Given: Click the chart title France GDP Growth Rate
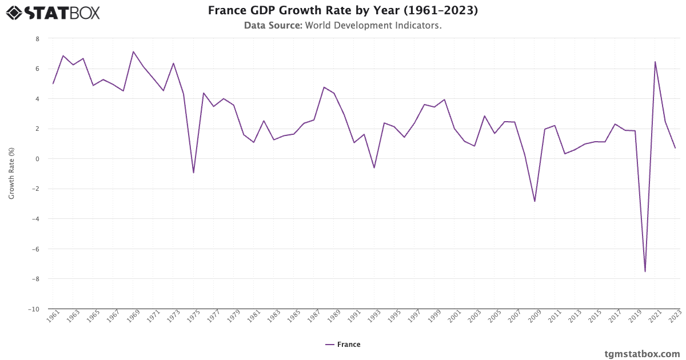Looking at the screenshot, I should click(342, 11).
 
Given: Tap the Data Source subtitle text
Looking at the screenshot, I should click(342, 26).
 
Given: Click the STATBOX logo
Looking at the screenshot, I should click(53, 12).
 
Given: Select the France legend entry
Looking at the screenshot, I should click(343, 345).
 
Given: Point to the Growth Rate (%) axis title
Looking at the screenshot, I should click(11, 173).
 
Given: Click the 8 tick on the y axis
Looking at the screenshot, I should click(38, 39).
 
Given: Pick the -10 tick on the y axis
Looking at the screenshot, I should click(34, 309).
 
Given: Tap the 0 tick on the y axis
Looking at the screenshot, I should click(38, 159).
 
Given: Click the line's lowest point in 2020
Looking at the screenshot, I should click(645, 271).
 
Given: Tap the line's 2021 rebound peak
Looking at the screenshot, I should click(655, 62).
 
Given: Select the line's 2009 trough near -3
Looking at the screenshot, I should click(535, 201).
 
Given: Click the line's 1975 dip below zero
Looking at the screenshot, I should click(193, 173).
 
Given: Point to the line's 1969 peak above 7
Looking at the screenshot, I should click(133, 52).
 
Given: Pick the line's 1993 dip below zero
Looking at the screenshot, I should click(374, 167).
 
